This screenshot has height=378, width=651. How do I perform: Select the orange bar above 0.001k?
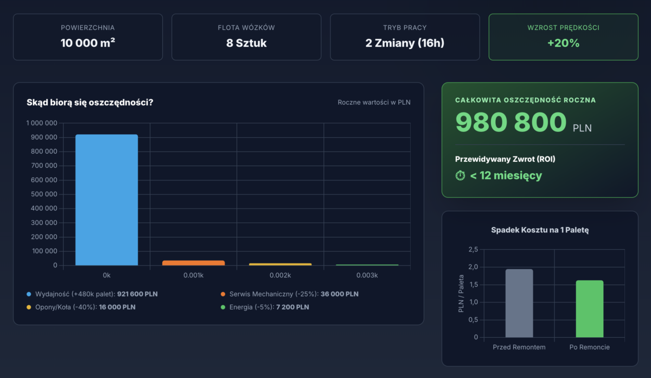[193, 263]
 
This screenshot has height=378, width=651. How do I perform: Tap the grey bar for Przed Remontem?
[519, 303]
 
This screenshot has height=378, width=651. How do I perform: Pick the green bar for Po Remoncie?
[589, 308]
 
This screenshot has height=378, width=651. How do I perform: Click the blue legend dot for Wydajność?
[29, 294]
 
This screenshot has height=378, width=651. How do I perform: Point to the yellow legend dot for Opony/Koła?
[29, 307]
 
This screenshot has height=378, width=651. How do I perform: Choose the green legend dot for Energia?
[223, 307]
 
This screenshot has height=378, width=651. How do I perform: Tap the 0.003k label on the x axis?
[367, 275]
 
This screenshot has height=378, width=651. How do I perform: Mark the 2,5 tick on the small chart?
[472, 249]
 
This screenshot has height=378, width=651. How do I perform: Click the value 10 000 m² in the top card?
[87, 43]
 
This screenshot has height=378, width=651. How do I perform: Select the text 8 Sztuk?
[246, 43]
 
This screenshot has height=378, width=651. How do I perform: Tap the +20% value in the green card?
[563, 43]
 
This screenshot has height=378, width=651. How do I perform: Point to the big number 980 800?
[511, 122]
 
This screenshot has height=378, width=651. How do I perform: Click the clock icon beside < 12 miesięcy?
[461, 175]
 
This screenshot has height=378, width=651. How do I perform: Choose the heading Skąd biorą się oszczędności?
[90, 102]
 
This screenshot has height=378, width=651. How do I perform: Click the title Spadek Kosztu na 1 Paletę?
[540, 230]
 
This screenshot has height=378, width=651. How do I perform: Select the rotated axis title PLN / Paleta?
[461, 294]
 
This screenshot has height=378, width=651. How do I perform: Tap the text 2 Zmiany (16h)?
[405, 43]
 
